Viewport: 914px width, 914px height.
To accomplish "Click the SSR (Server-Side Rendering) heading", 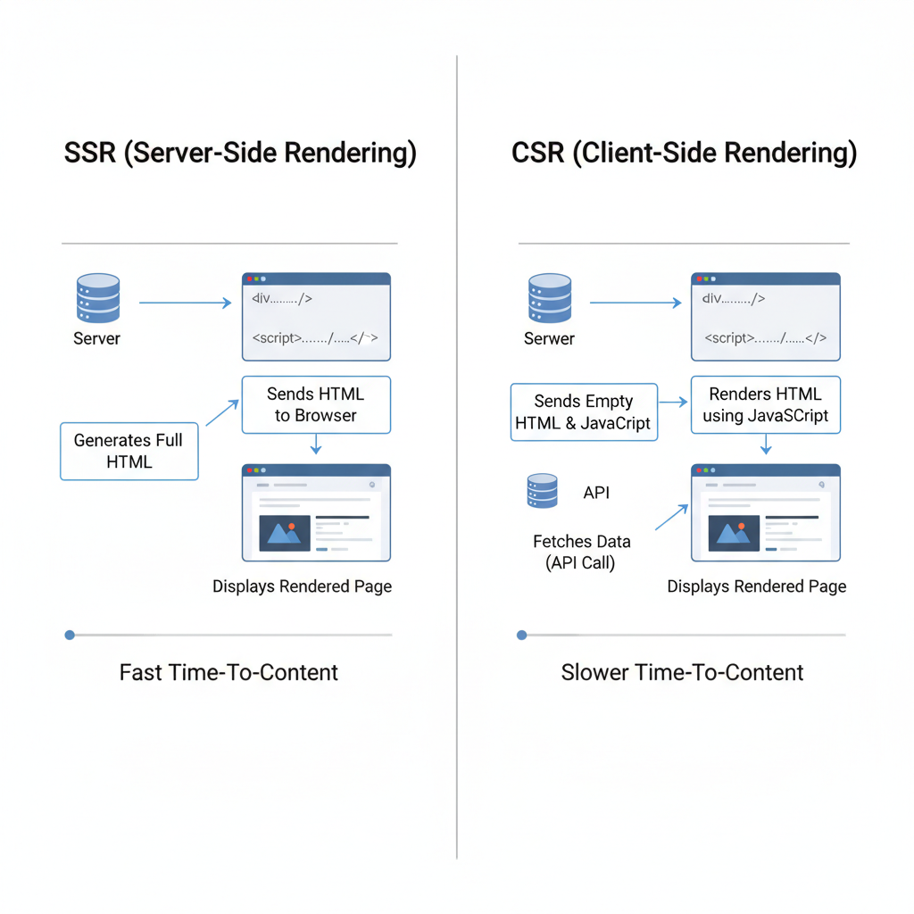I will (240, 153).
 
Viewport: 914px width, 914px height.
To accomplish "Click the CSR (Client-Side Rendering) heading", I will (684, 153).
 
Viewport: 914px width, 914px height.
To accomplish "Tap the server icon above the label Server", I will (96, 298).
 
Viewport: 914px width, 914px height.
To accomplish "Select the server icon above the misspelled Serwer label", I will (549, 298).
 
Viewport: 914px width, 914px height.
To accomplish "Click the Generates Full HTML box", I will (129, 451).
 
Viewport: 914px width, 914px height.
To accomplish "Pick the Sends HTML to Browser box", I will (315, 404).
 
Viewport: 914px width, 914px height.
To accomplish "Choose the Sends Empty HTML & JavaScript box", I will (584, 412).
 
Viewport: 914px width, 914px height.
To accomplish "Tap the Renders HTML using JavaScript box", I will (765, 404).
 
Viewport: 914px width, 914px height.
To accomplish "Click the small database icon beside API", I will (542, 491).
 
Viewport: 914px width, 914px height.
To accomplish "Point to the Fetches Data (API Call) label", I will (581, 552).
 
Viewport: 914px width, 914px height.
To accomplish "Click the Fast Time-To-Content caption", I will (228, 672).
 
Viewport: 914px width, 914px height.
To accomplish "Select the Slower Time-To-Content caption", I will (682, 672).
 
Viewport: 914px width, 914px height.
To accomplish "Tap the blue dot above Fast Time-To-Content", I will (70, 635).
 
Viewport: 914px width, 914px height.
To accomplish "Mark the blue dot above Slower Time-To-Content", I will (522, 635).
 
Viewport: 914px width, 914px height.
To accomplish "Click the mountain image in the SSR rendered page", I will (285, 532).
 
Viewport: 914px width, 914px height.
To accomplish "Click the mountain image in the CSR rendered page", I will (734, 532).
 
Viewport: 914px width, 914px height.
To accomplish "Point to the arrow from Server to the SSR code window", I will (186, 303).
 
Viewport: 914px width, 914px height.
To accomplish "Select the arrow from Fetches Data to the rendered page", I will (671, 518).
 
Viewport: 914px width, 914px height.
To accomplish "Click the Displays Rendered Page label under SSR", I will (302, 586).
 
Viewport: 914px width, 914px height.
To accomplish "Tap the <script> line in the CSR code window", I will (765, 338).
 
